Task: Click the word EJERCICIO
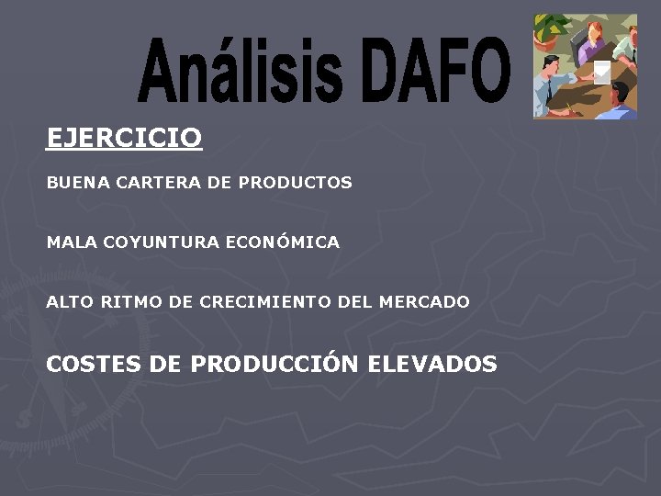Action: pos(124,139)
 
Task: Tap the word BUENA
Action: pos(76,183)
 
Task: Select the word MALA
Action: pos(73,242)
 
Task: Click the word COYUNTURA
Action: pos(162,242)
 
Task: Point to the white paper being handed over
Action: pos(601,73)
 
